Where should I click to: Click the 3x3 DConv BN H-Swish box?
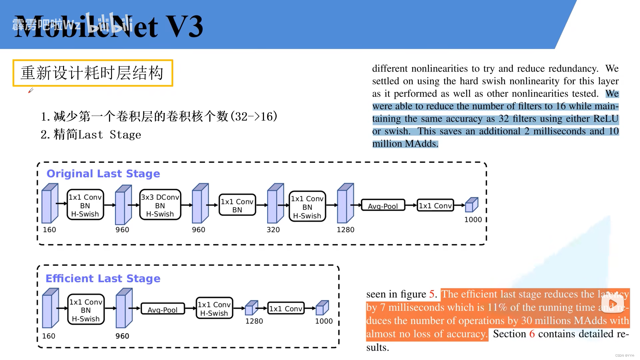[x=160, y=205]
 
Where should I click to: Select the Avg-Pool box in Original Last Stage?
[x=383, y=206]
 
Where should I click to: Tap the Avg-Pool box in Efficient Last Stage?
[x=163, y=309]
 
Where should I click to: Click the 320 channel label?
[x=273, y=230]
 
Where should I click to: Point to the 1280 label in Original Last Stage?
[x=345, y=230]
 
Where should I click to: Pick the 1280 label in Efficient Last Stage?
[x=254, y=321]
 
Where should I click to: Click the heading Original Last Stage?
[x=103, y=174]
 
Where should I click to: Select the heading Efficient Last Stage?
[x=103, y=278]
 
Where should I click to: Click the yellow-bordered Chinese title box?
[x=93, y=73]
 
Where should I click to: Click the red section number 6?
[x=532, y=334]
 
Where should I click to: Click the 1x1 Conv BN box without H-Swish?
[x=237, y=205]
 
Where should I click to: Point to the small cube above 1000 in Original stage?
[x=471, y=205]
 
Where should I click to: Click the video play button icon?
[x=612, y=304]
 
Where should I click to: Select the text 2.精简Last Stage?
[x=91, y=135]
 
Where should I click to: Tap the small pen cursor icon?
[x=31, y=90]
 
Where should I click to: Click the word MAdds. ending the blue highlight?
[x=422, y=144]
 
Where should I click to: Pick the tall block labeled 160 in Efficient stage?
[x=50, y=308]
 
